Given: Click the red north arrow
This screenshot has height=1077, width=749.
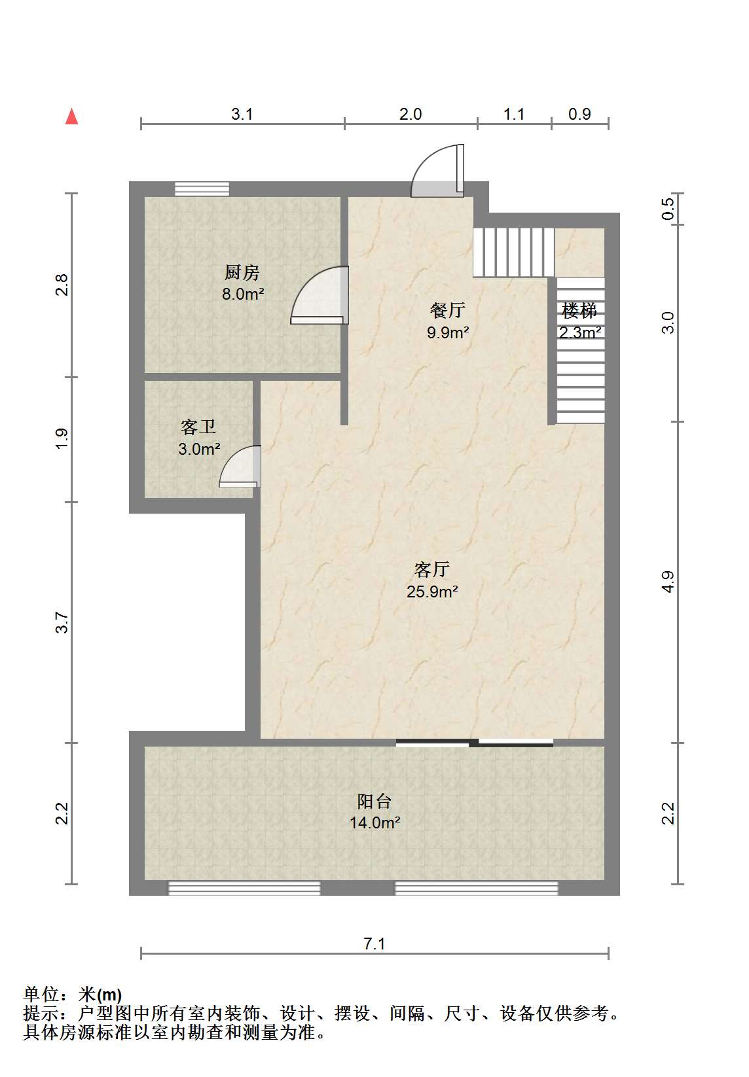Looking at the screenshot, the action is [x=71, y=116].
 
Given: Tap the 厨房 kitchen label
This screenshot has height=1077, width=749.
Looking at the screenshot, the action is [x=242, y=273].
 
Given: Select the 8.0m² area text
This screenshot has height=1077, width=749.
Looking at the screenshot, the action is [x=243, y=294].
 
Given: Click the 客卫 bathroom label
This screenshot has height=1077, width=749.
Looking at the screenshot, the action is [x=198, y=427].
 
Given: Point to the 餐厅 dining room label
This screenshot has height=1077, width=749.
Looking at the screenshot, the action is [x=447, y=310].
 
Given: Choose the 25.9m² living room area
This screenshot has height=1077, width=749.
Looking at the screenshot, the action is [x=432, y=591].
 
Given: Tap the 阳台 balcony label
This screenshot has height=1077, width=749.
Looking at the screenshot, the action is [x=374, y=801].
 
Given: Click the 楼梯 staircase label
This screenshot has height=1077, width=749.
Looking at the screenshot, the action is [x=579, y=311].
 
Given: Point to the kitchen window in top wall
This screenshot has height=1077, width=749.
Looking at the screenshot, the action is [x=202, y=188].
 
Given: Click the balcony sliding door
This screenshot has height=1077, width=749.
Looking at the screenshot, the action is [x=474, y=743].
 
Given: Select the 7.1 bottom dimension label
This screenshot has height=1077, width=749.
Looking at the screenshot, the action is [x=374, y=944].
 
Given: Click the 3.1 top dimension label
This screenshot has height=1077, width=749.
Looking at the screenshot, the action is [x=242, y=114].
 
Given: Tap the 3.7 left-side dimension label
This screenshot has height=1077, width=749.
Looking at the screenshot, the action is [x=62, y=622].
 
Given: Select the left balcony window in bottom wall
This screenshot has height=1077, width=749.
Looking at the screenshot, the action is [x=244, y=889].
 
